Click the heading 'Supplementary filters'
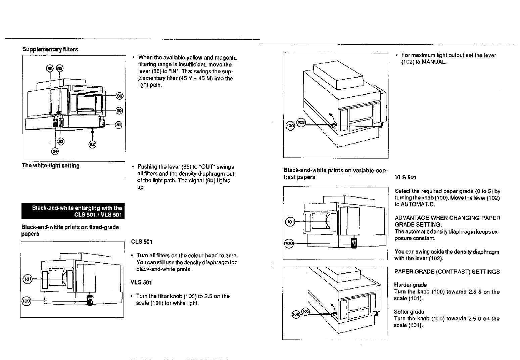click(50, 49)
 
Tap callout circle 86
click(50, 68)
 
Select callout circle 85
click(59, 68)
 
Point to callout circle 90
click(119, 96)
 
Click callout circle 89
click(119, 110)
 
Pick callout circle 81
click(118, 125)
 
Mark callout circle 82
click(92, 144)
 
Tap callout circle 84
click(55, 151)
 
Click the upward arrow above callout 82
click(92, 134)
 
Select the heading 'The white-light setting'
click(51, 166)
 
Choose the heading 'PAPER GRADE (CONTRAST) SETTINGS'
click(447, 272)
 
